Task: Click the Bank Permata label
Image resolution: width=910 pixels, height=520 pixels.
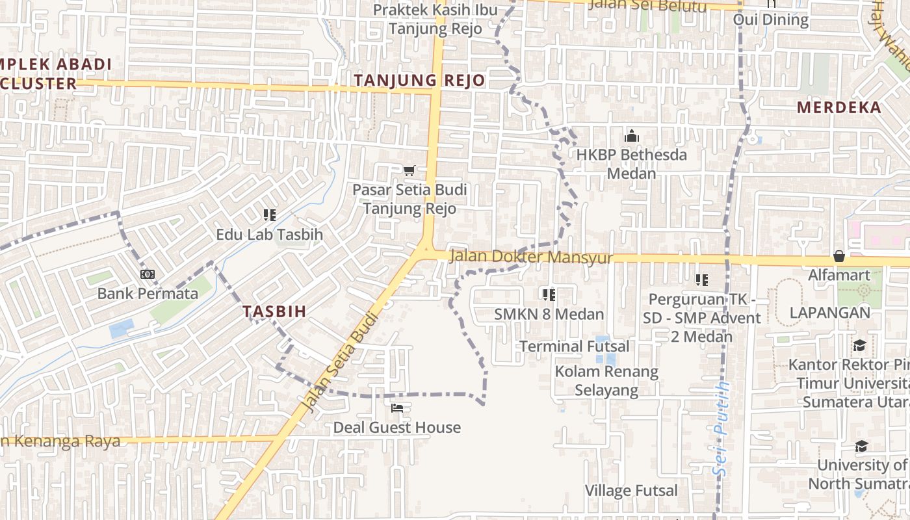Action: (x=148, y=294)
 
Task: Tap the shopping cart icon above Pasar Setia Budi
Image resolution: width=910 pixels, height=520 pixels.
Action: (x=409, y=171)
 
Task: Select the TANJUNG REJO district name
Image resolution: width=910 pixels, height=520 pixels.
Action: (x=419, y=81)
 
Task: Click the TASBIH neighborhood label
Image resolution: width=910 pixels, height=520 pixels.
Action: (x=274, y=311)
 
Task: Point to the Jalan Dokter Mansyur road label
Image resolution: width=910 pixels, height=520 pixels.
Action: (x=531, y=257)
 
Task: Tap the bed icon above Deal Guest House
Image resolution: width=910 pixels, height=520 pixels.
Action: (x=397, y=408)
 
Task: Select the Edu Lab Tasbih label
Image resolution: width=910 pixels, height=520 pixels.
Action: (x=269, y=235)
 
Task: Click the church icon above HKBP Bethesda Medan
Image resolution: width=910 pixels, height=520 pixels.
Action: (x=631, y=136)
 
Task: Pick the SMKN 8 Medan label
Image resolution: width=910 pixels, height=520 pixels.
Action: (x=549, y=315)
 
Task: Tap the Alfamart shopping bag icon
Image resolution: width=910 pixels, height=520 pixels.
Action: (x=839, y=256)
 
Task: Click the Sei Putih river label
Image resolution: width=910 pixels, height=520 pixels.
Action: (x=721, y=428)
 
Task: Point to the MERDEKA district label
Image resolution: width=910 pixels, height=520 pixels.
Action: (x=839, y=108)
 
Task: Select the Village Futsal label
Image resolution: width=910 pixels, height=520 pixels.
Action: (x=631, y=491)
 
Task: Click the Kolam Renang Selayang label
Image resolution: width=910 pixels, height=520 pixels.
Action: (x=606, y=381)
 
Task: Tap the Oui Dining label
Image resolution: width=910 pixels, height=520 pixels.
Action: (x=771, y=19)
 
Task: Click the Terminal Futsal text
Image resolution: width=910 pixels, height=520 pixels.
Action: (x=574, y=346)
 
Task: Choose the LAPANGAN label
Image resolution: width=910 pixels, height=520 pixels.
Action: (x=829, y=313)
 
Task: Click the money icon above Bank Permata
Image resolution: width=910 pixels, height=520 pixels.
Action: (x=148, y=274)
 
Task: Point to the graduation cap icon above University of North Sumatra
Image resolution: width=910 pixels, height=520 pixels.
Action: (x=861, y=446)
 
